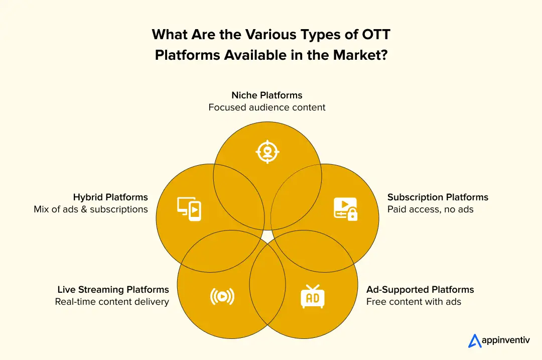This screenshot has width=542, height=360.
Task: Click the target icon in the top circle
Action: click(x=267, y=152)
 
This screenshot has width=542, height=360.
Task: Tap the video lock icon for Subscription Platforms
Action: click(x=345, y=208)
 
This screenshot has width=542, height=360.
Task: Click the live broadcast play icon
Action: click(x=222, y=297)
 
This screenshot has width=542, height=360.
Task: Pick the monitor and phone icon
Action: click(x=189, y=208)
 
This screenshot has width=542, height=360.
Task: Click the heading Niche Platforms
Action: click(x=267, y=95)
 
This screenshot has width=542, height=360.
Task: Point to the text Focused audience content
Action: click(x=267, y=107)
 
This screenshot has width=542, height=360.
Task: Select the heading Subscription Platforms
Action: click(x=438, y=197)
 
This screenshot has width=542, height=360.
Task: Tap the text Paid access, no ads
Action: click(x=430, y=209)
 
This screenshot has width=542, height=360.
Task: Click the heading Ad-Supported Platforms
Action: click(x=420, y=290)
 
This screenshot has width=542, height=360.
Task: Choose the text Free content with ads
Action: click(x=414, y=302)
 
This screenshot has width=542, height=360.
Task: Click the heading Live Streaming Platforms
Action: click(x=113, y=290)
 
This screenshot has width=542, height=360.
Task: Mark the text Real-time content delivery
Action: click(x=112, y=302)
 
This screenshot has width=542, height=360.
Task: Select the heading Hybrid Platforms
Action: click(x=110, y=197)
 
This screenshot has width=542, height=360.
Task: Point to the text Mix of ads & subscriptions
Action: click(x=91, y=209)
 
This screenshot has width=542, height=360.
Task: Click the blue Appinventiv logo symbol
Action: click(x=475, y=340)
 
